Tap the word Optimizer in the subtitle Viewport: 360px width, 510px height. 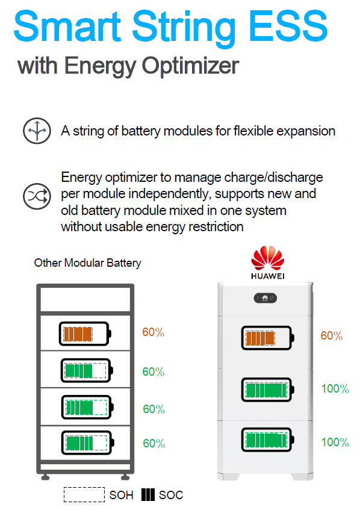(x=190, y=66)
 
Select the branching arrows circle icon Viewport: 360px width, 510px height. (x=37, y=131)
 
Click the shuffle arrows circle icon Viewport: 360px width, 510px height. (x=37, y=196)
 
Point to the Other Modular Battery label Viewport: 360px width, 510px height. (x=87, y=263)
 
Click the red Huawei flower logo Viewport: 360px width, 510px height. (x=268, y=258)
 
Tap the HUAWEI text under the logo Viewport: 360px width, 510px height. (x=268, y=276)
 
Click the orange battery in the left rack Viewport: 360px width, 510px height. (x=85, y=334)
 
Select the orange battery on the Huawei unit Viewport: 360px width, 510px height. (x=268, y=338)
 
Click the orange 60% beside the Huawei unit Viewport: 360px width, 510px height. (x=331, y=335)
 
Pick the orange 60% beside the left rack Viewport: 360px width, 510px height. (x=153, y=332)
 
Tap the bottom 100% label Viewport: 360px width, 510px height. (x=335, y=443)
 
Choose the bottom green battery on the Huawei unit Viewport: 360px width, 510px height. (x=268, y=440)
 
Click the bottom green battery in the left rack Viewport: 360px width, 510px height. (x=88, y=443)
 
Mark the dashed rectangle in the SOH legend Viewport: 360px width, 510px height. (x=84, y=495)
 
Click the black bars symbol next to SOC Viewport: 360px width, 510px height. (x=148, y=495)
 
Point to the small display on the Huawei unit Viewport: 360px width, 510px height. (x=265, y=298)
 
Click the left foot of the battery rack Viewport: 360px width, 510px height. (x=46, y=477)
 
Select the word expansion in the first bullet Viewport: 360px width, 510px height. (x=306, y=131)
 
